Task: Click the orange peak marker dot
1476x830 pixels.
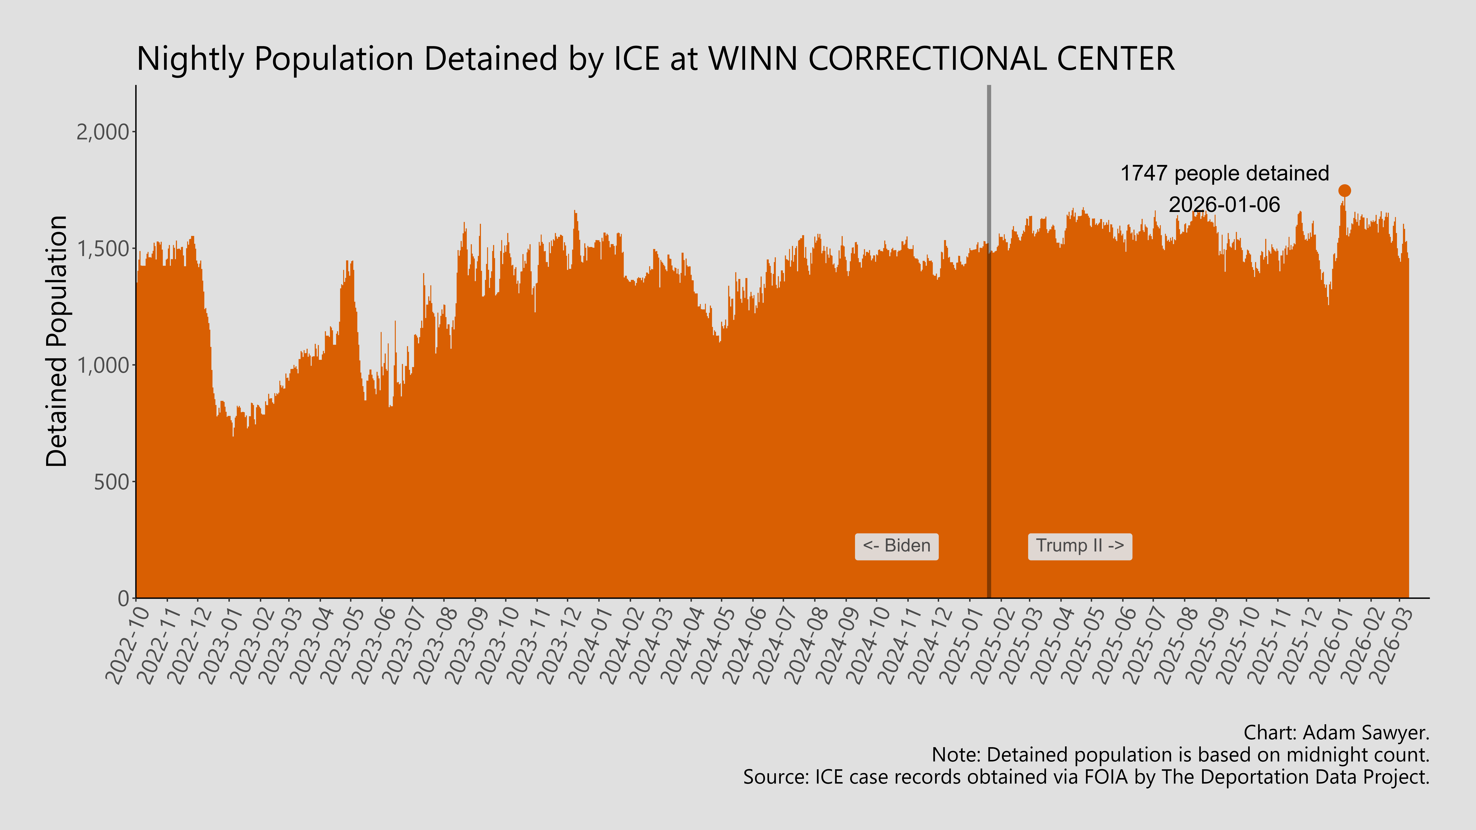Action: pos(1344,191)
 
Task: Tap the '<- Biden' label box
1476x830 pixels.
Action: pos(896,546)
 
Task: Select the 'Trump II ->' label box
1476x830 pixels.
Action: pos(1079,546)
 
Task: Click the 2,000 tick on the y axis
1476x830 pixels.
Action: pos(103,132)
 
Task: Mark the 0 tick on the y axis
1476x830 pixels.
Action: pos(123,599)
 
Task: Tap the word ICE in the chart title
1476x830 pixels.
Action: pos(637,59)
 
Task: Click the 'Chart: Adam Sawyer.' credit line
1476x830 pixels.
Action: pos(1336,733)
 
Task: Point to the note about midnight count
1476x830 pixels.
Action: pos(1180,755)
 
